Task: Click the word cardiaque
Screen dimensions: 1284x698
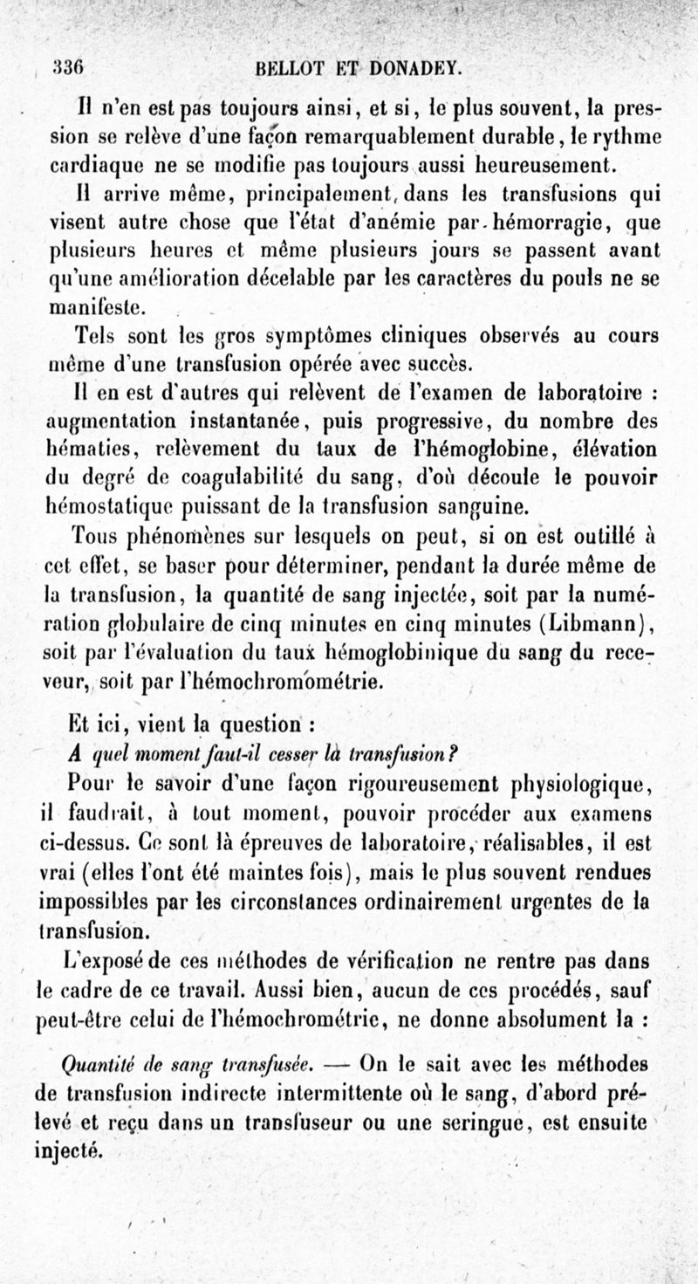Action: click(92, 164)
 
